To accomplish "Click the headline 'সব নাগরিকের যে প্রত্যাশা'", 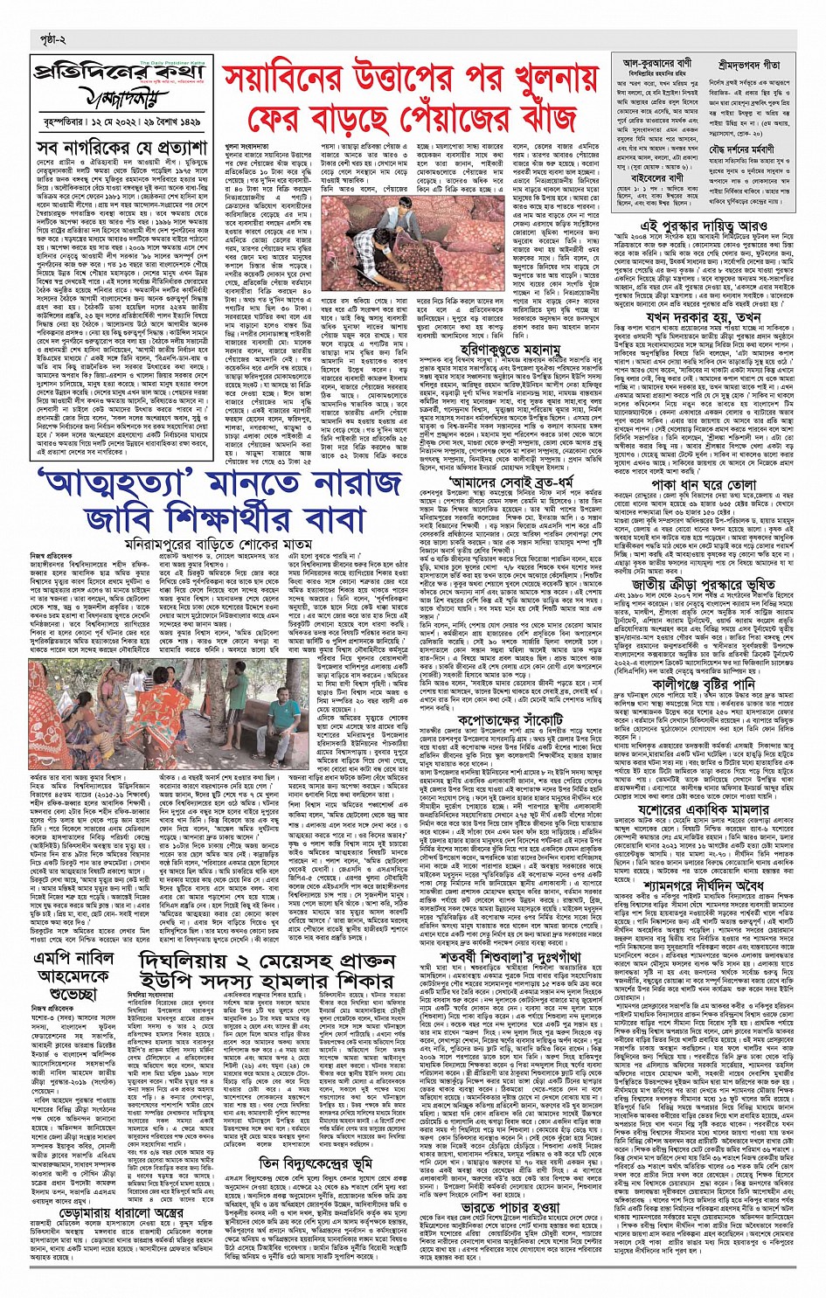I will pyautogui.click(x=122, y=146).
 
